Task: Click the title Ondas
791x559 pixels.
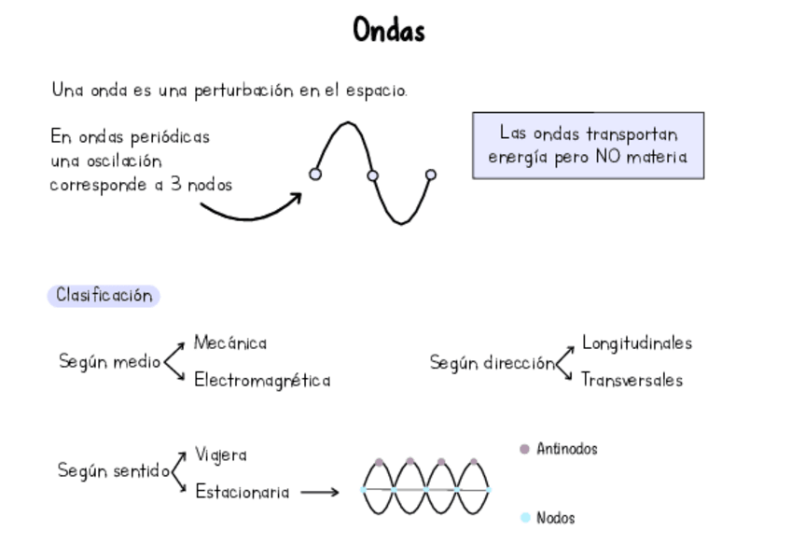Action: tap(389, 31)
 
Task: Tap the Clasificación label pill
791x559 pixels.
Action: tap(104, 296)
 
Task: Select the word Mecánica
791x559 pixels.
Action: tap(230, 343)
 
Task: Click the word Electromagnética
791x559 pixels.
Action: tap(262, 381)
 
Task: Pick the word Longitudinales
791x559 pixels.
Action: tap(637, 343)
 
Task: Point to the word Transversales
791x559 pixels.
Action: tap(631, 380)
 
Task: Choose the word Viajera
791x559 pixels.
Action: tap(221, 455)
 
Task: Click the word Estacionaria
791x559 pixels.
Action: tap(243, 492)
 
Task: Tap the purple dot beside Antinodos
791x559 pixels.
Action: tap(524, 449)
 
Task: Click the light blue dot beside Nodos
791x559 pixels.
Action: tap(525, 517)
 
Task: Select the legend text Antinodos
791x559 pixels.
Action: tap(567, 449)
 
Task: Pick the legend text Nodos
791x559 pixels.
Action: tap(556, 518)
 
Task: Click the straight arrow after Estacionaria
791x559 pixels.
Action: tap(320, 492)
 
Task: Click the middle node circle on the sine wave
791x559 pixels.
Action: tap(372, 175)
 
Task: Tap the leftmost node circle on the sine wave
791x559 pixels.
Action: tap(315, 174)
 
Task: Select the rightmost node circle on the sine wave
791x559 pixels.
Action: tap(430, 175)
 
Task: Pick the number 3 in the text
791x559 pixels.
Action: tap(176, 184)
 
